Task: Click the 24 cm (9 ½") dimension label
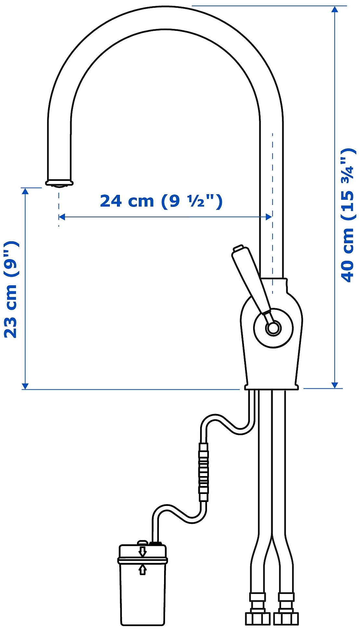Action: pos(161,201)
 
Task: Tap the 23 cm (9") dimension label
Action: pos(11,289)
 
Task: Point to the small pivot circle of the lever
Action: pos(273,328)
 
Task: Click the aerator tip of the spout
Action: pos(59,184)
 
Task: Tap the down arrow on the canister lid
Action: pos(142,551)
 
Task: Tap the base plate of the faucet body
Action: pos(271,387)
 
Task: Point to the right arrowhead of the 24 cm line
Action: pos(269,217)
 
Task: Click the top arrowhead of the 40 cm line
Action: pos(335,9)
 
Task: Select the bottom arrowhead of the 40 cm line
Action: pos(335,385)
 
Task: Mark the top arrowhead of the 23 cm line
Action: pos(25,191)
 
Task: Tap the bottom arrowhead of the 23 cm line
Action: pos(25,385)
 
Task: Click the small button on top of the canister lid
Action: pos(142,543)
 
